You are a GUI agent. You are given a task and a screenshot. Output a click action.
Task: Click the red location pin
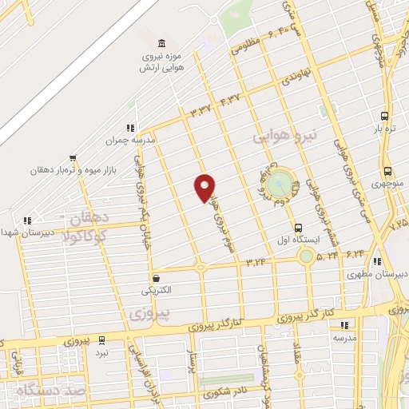click(204, 187)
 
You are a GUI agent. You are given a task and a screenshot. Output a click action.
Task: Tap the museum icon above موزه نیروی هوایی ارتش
click(162, 42)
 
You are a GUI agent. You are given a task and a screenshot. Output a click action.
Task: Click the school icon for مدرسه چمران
click(129, 128)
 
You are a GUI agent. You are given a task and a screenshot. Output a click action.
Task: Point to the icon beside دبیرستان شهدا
click(27, 220)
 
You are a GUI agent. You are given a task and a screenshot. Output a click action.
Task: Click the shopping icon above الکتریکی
click(157, 277)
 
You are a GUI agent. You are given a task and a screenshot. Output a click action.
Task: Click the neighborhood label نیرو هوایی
click(285, 136)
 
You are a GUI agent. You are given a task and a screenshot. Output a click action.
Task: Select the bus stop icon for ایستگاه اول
click(298, 227)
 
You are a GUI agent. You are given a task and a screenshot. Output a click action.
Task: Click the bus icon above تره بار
click(385, 115)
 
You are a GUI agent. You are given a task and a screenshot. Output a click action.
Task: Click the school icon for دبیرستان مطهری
click(376, 261)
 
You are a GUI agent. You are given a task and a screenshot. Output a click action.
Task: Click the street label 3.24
click(256, 260)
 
